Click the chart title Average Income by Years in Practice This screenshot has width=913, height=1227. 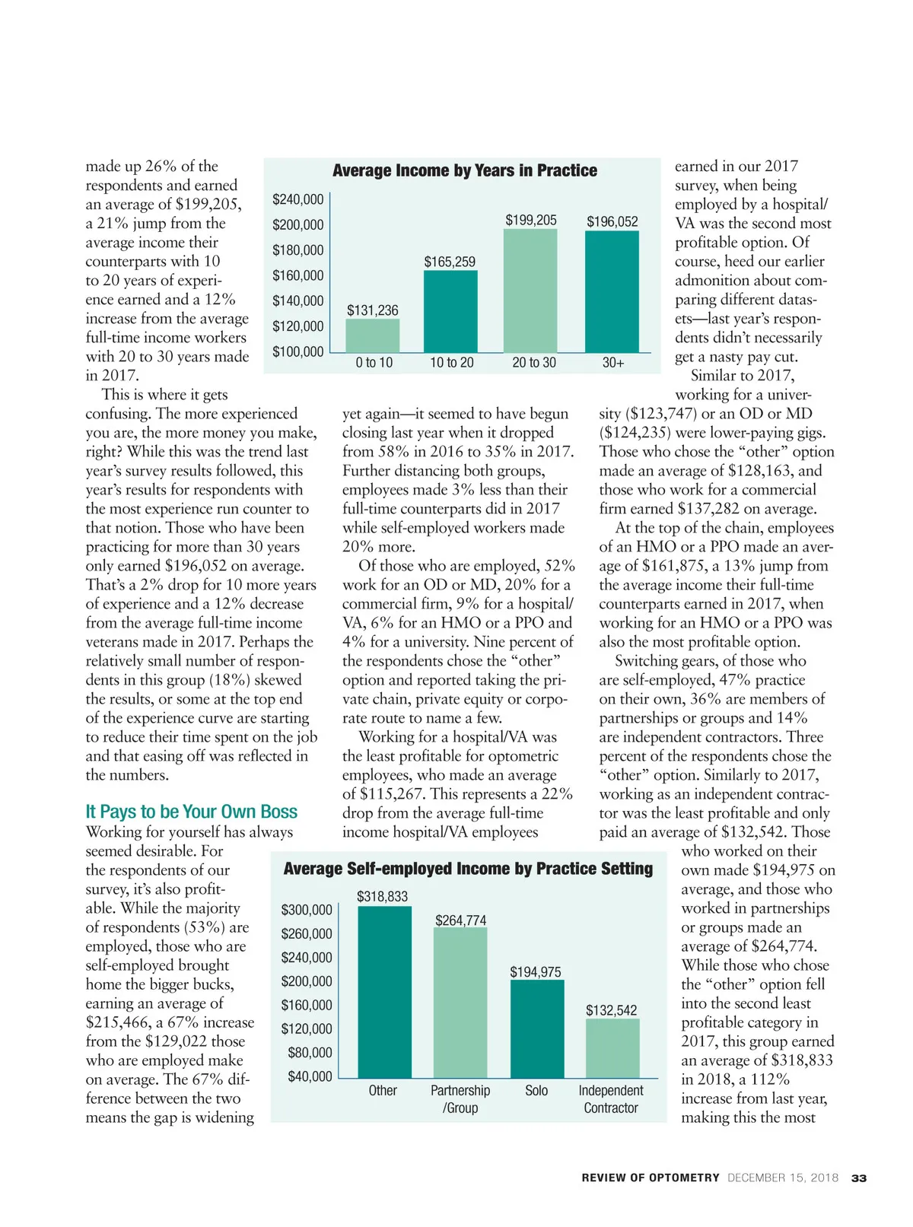coord(465,171)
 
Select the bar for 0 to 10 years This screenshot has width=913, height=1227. coord(373,335)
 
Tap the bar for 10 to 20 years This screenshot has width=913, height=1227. coord(450,311)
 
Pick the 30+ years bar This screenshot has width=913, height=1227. coord(612,291)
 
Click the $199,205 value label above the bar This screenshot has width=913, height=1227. coord(531,221)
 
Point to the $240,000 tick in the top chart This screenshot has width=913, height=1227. coord(298,199)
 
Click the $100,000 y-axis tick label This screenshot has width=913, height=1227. coord(298,351)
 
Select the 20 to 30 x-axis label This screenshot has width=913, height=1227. coord(534,363)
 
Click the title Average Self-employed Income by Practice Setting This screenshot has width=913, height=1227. coord(468,869)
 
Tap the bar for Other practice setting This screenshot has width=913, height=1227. coord(384,992)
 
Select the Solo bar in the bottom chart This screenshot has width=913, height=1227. coord(537,1028)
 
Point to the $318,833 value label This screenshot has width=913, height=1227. coord(383,897)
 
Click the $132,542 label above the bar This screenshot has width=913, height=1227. coord(612,1010)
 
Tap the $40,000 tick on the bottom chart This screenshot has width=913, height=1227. coord(310,1076)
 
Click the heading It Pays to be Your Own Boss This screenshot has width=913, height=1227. coord(192,812)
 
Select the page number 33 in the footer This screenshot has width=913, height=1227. coord(859,1178)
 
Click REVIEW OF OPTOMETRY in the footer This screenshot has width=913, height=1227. coord(651,1178)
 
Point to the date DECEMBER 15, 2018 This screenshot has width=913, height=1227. coord(783,1178)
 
